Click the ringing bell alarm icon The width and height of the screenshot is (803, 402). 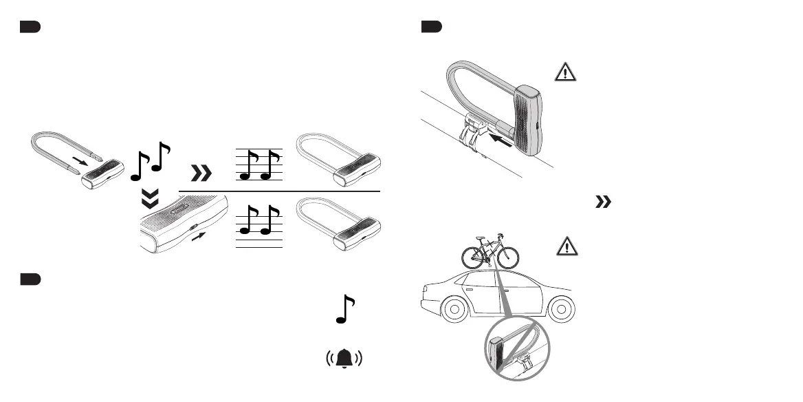(344, 359)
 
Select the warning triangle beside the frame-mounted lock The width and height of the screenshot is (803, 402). (563, 74)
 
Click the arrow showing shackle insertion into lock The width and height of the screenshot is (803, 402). (80, 161)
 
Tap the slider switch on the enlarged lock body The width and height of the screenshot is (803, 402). (194, 224)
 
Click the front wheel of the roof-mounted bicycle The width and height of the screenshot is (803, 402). (505, 256)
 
